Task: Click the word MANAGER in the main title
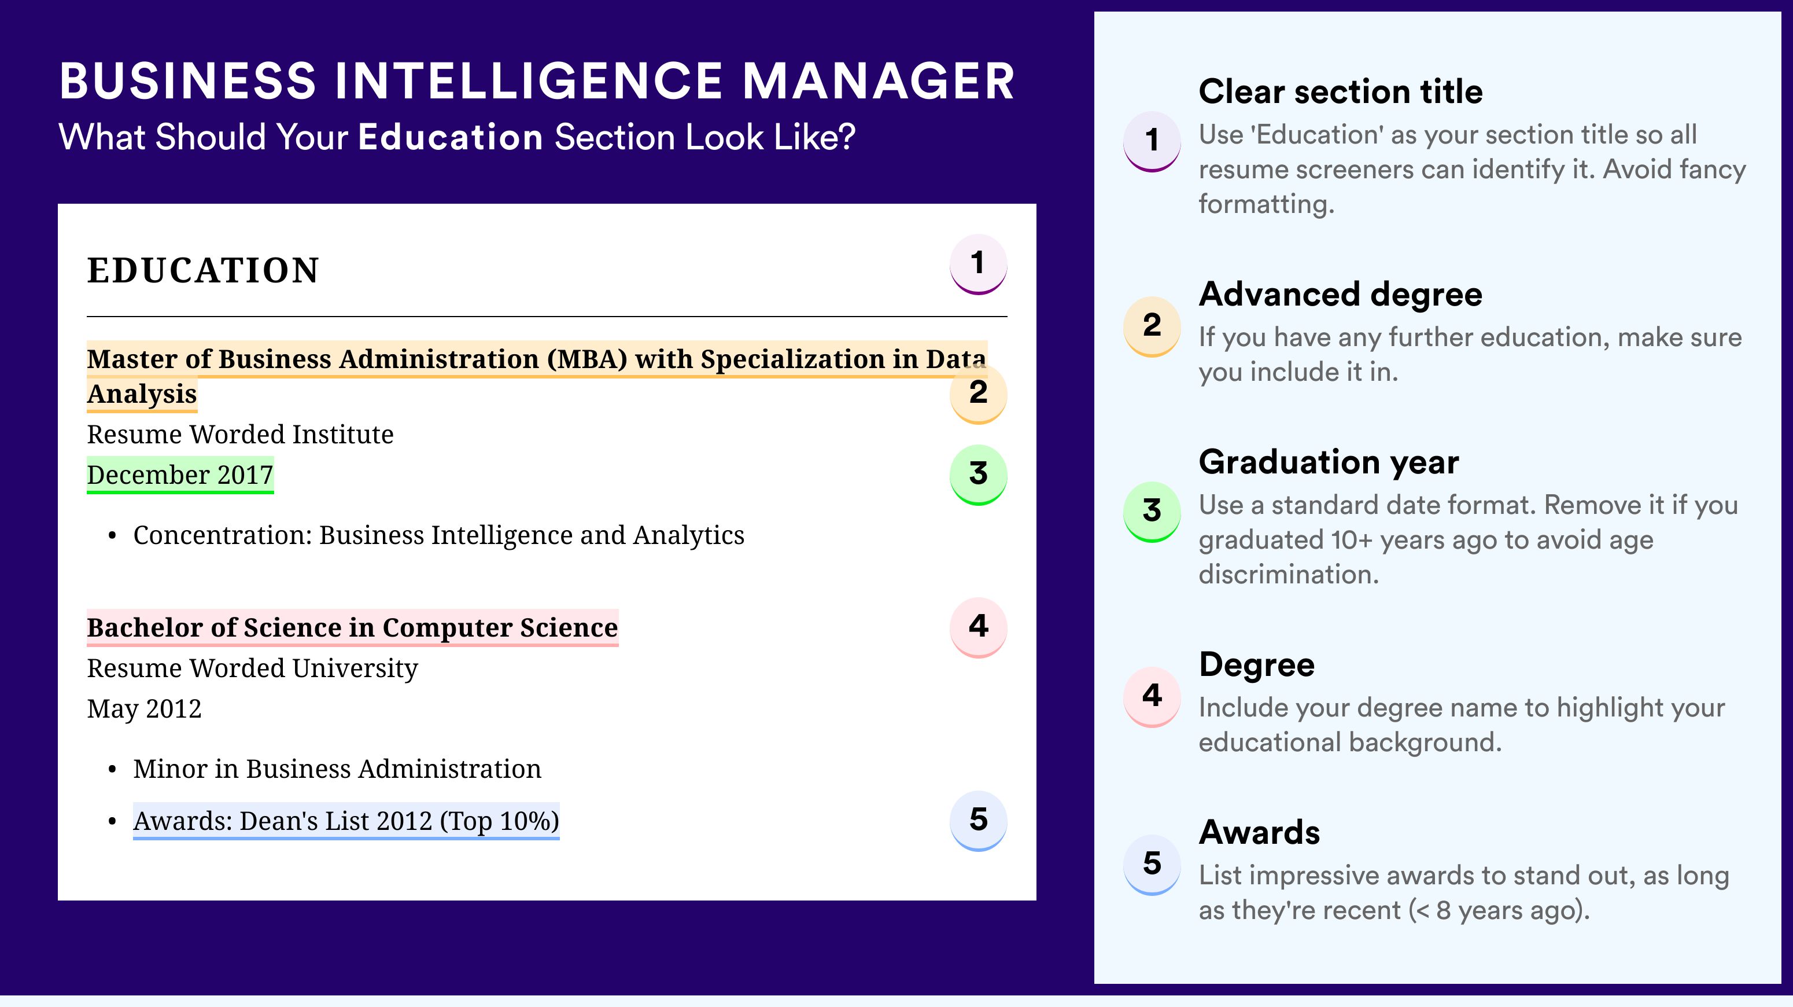pos(879,82)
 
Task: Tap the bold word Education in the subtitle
pos(451,137)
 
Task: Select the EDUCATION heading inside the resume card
pos(202,270)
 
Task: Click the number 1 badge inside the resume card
pos(978,264)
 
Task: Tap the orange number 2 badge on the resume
pos(978,394)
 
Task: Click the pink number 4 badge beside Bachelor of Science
pos(978,627)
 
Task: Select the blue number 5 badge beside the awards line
pos(978,821)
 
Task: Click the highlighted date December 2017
pos(180,475)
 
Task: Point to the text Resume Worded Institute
pos(240,435)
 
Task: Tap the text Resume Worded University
pos(253,668)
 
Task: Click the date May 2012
pos(144,709)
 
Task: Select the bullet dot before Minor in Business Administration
pos(112,770)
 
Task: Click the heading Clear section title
pos(1341,91)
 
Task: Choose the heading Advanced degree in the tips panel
pos(1341,295)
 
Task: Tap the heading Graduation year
pos(1329,462)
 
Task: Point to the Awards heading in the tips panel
pos(1259,832)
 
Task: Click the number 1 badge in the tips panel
pos(1152,141)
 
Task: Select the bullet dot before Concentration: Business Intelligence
pos(112,536)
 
